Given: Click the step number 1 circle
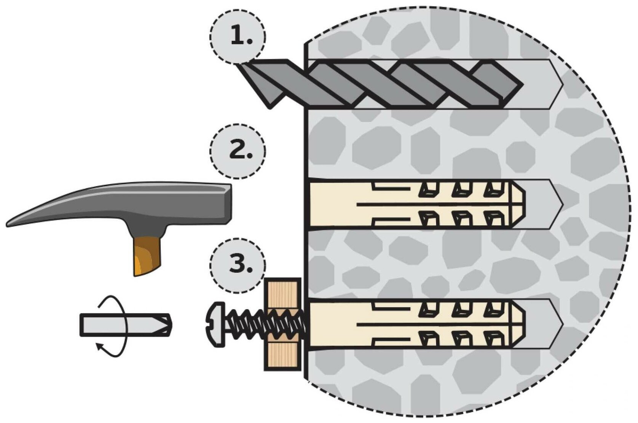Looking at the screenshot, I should coord(238,37).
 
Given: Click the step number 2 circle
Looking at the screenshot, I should coord(238,151).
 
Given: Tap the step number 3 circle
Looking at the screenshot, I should coord(238,265).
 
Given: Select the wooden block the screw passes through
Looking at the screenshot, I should coord(282,324).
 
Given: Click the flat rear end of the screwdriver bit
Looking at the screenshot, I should coord(82,325).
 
